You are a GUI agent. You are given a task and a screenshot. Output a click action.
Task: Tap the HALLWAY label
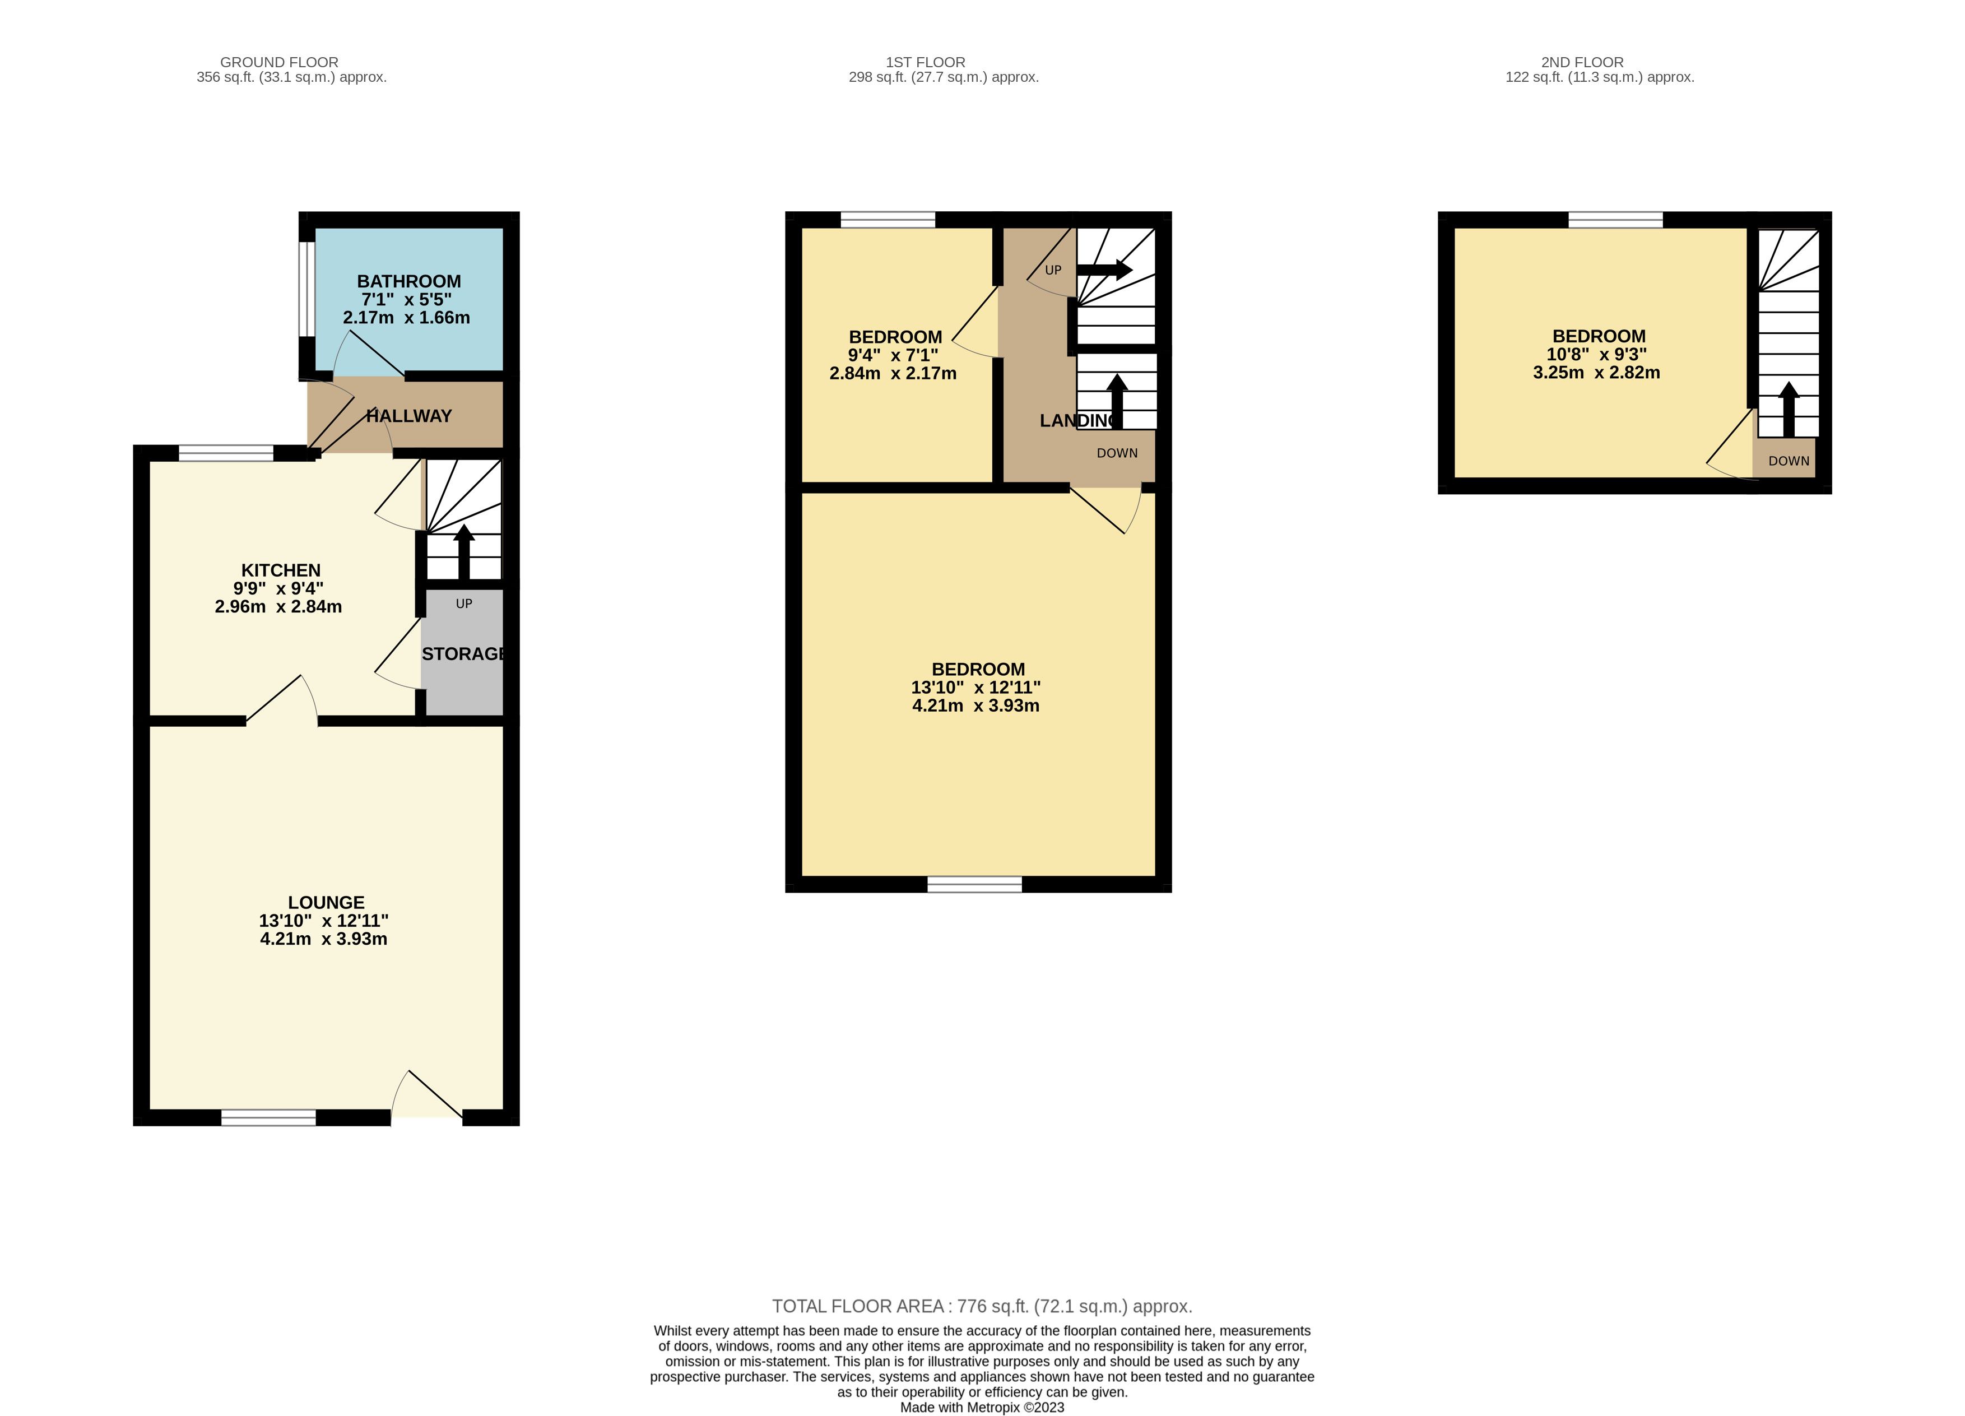click(x=409, y=416)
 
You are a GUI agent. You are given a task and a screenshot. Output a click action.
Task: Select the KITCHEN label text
click(x=281, y=570)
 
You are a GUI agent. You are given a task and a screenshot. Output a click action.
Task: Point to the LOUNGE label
click(x=326, y=902)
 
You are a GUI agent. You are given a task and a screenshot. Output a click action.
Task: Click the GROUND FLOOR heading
click(x=279, y=62)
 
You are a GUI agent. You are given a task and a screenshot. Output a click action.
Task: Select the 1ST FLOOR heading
click(x=925, y=62)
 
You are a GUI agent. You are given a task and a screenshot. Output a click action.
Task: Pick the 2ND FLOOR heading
click(x=1582, y=62)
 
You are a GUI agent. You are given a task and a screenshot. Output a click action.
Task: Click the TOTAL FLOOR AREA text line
click(x=983, y=1306)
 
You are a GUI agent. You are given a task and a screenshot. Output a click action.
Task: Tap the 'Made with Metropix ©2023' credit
click(x=983, y=1408)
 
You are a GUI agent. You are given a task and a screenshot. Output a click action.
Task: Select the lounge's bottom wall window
click(x=268, y=1118)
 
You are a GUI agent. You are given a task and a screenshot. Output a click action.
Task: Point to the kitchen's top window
click(x=226, y=452)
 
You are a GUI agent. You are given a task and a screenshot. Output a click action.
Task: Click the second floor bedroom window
click(x=1616, y=219)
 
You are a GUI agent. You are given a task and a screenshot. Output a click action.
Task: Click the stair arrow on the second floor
click(x=1789, y=409)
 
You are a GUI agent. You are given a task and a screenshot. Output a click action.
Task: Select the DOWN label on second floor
click(x=1789, y=461)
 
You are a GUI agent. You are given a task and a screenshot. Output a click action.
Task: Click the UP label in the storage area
click(x=464, y=603)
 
